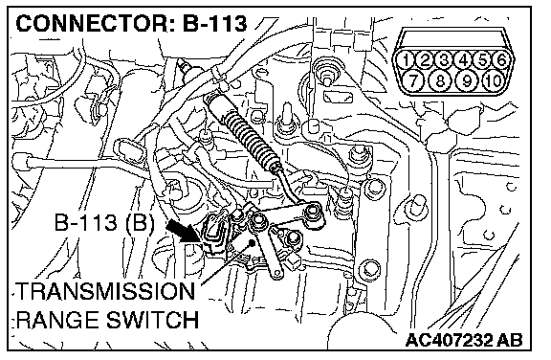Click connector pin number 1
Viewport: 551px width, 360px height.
[x=407, y=60]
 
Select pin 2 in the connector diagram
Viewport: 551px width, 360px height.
[x=425, y=60]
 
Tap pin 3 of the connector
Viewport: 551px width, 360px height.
[x=444, y=60]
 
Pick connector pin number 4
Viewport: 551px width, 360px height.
[x=464, y=60]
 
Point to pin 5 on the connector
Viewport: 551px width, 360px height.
[x=483, y=60]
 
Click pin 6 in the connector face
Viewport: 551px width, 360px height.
[x=502, y=60]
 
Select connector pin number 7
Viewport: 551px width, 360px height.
[x=413, y=80]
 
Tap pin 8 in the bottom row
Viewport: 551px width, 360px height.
[x=440, y=80]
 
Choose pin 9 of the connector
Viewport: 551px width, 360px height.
[x=467, y=80]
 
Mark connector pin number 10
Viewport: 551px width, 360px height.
[x=494, y=80]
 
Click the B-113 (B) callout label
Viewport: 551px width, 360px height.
[x=104, y=223]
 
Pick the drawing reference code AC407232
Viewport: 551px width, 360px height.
[x=450, y=340]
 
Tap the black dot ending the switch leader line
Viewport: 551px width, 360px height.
[x=252, y=242]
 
